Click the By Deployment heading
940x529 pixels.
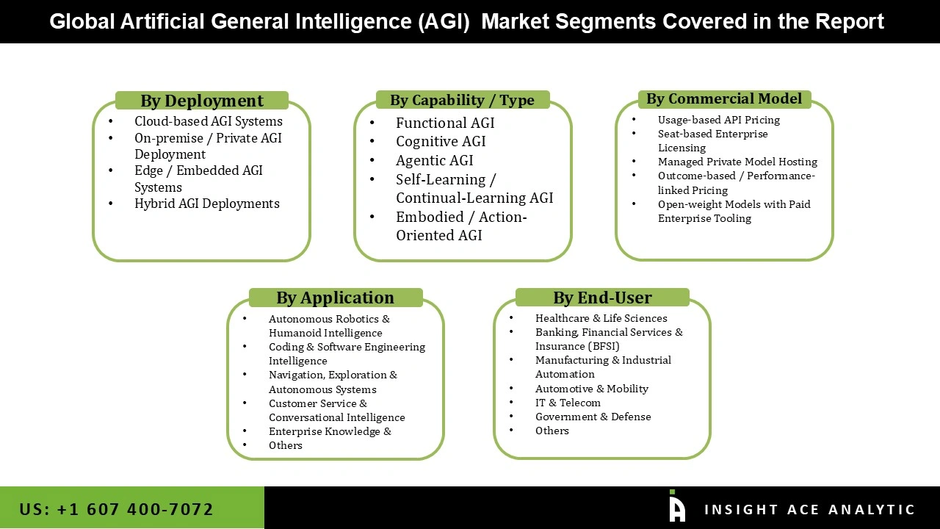click(x=202, y=101)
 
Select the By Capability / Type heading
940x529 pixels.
click(x=462, y=100)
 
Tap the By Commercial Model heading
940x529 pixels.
click(x=724, y=98)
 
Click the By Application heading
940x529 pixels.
click(x=335, y=298)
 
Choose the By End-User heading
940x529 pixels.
click(x=602, y=298)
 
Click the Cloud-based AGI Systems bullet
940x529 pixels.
click(x=208, y=121)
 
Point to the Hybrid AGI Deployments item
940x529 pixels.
click(x=206, y=204)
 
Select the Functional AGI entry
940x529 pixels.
click(x=445, y=123)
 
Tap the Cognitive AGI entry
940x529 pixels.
click(x=441, y=141)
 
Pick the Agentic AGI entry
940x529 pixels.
click(x=434, y=160)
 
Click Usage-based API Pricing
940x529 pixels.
click(x=718, y=120)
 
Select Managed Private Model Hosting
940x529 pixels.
click(x=737, y=162)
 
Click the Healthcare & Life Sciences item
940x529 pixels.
click(x=601, y=318)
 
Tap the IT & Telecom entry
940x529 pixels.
click(x=568, y=403)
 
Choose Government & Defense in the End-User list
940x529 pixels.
click(x=593, y=417)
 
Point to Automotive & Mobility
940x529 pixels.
click(x=591, y=389)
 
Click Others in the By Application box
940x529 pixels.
click(x=285, y=445)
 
